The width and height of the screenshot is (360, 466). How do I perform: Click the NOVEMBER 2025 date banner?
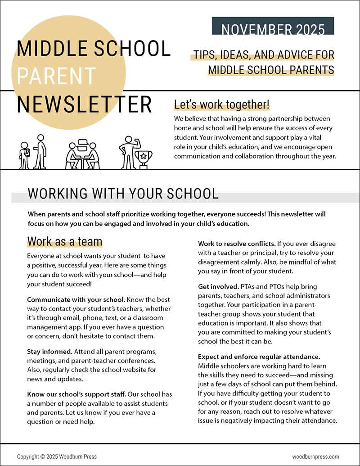[273, 29]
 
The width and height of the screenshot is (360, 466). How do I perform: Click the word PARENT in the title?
[56, 76]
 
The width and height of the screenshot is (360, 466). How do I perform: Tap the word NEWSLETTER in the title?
[84, 104]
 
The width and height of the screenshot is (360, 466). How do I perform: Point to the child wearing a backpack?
[24, 156]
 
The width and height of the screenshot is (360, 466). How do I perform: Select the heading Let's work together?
[222, 105]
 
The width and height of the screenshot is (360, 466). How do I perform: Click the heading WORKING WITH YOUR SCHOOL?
[123, 194]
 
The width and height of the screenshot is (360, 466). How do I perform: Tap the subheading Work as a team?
[65, 241]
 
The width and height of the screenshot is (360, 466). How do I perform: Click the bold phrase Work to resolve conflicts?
[237, 244]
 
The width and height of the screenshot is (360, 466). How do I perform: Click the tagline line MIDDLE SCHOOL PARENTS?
[271, 70]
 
